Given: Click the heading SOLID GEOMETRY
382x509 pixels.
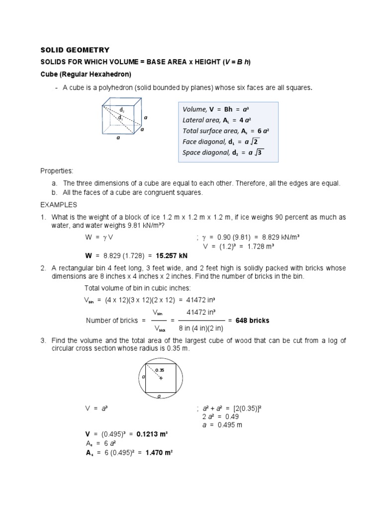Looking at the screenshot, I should pos(74,50).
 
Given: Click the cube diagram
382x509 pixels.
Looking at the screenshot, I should pos(122,116).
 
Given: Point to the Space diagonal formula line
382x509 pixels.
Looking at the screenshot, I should pos(224,153).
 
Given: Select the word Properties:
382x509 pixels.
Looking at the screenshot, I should pos(57,170).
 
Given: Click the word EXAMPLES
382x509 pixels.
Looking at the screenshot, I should pos(58,205).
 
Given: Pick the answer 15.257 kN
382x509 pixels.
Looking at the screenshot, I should pos(172,255).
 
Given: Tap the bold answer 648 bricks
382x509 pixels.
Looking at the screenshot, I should pos(252,321).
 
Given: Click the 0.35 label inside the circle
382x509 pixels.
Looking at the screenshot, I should pos(160,370).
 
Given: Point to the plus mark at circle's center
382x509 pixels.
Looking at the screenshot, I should pos(161,378).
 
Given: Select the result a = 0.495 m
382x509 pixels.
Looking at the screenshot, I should pos(223,425).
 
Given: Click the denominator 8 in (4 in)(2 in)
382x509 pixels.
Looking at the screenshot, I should pos(201,329).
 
